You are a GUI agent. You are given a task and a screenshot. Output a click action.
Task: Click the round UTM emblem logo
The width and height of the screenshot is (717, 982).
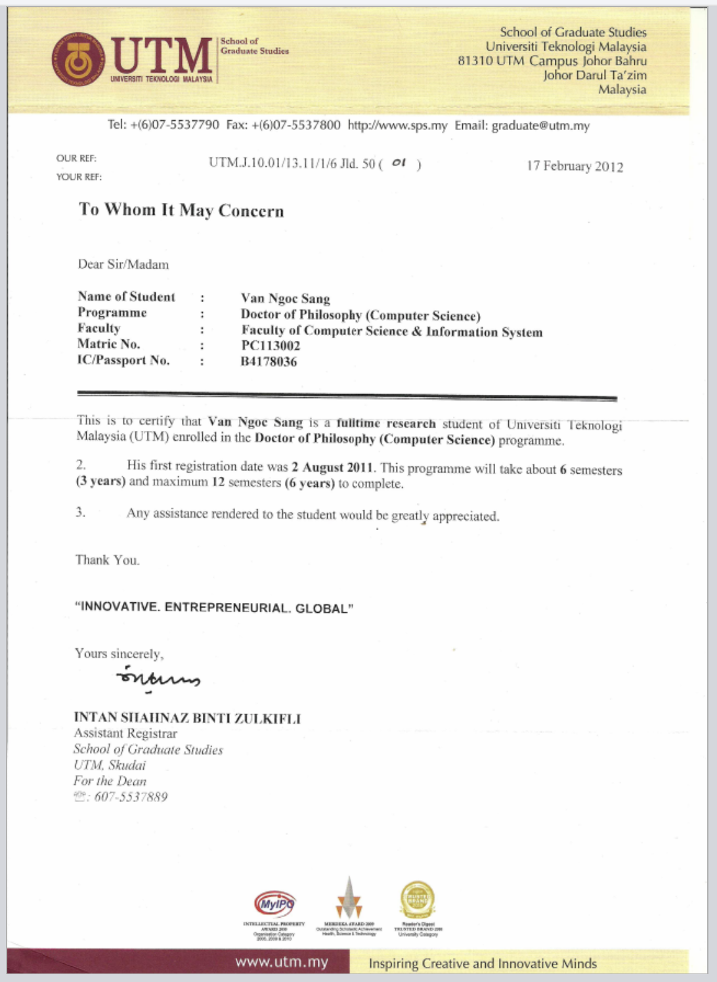(x=78, y=60)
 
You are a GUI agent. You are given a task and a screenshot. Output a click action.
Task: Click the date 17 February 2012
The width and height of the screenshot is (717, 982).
(x=575, y=166)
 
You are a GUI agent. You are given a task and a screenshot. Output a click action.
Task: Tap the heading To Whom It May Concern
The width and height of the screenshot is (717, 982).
(x=181, y=210)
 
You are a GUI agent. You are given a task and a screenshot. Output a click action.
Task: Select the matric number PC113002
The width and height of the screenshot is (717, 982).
(x=271, y=346)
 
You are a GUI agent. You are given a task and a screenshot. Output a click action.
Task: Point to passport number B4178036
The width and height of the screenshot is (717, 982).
(x=269, y=361)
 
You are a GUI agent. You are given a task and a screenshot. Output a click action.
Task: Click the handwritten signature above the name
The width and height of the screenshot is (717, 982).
(x=158, y=677)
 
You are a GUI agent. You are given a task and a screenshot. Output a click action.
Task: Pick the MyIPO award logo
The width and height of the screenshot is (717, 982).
(x=274, y=904)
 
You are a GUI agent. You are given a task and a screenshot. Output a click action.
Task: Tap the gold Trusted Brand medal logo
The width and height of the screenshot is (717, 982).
(x=418, y=900)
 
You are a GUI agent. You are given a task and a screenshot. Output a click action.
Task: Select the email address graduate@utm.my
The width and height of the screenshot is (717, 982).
(x=540, y=125)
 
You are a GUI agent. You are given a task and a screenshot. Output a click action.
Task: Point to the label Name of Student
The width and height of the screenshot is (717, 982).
(x=126, y=296)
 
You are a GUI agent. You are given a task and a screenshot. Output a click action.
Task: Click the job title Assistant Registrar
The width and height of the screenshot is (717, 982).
(x=125, y=733)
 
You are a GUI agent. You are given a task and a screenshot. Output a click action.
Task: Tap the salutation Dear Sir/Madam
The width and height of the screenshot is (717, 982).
(x=123, y=264)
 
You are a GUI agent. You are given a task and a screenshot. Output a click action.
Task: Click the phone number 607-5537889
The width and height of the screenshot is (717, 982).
(x=131, y=797)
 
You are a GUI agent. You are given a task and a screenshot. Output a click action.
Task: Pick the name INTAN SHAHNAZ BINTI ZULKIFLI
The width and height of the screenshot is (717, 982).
(x=187, y=717)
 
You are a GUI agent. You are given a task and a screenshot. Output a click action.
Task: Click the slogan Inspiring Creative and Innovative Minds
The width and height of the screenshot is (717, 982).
(x=483, y=964)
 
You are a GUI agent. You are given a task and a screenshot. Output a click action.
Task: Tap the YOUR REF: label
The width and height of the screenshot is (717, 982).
(x=79, y=176)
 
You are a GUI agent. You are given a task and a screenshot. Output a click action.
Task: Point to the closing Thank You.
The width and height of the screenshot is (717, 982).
(x=107, y=560)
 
